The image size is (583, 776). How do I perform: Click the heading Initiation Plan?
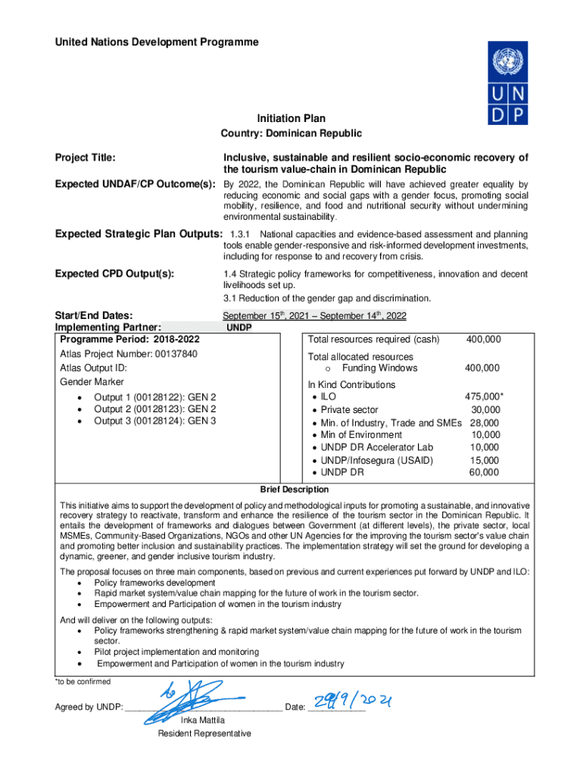coord(291,118)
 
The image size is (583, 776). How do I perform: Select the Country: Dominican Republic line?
coord(291,133)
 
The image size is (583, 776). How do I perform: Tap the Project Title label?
coord(86,158)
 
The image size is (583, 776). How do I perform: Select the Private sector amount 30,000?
coord(485,410)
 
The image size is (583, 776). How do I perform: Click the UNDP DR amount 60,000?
coord(485,472)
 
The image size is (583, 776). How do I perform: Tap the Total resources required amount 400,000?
coord(483,340)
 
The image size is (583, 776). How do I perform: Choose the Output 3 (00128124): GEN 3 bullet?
coord(154,421)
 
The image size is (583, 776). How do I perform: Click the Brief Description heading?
coord(295,490)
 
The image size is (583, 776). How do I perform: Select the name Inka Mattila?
coord(204,720)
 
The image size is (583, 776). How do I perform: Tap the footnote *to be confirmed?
coord(83,681)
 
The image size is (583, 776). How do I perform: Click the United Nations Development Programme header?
coord(157,42)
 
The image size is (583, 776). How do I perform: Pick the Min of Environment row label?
coord(361,435)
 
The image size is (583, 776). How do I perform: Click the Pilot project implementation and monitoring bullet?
coord(176,652)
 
